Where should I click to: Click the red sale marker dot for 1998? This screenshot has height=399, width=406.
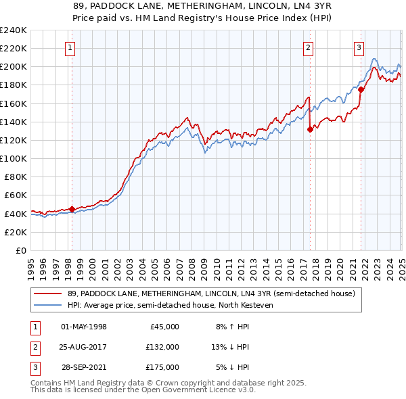[x=72, y=209]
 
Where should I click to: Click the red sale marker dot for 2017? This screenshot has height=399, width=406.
[x=310, y=129]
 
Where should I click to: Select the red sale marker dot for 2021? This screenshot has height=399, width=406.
[x=361, y=89]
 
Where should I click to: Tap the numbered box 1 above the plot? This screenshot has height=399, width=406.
[x=70, y=47]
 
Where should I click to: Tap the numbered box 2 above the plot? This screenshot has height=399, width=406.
[x=308, y=47]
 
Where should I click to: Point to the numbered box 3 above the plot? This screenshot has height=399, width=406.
[x=358, y=47]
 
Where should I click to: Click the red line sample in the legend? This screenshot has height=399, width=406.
[x=49, y=294]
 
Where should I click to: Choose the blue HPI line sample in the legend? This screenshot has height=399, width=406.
[x=49, y=306]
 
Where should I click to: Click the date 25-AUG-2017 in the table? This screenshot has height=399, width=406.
[x=84, y=347]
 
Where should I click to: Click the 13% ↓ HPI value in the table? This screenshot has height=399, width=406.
[x=230, y=347]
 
